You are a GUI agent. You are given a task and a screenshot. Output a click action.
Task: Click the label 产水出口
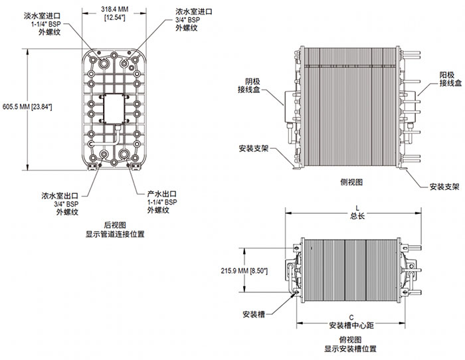[x=161, y=193]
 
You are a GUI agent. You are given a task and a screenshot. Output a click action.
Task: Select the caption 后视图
[x=114, y=225]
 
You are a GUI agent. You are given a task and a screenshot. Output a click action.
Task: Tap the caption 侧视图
[x=351, y=181]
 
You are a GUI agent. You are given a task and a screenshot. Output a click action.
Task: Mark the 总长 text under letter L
[x=357, y=215]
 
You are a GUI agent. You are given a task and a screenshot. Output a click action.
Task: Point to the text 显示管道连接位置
[x=114, y=234]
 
